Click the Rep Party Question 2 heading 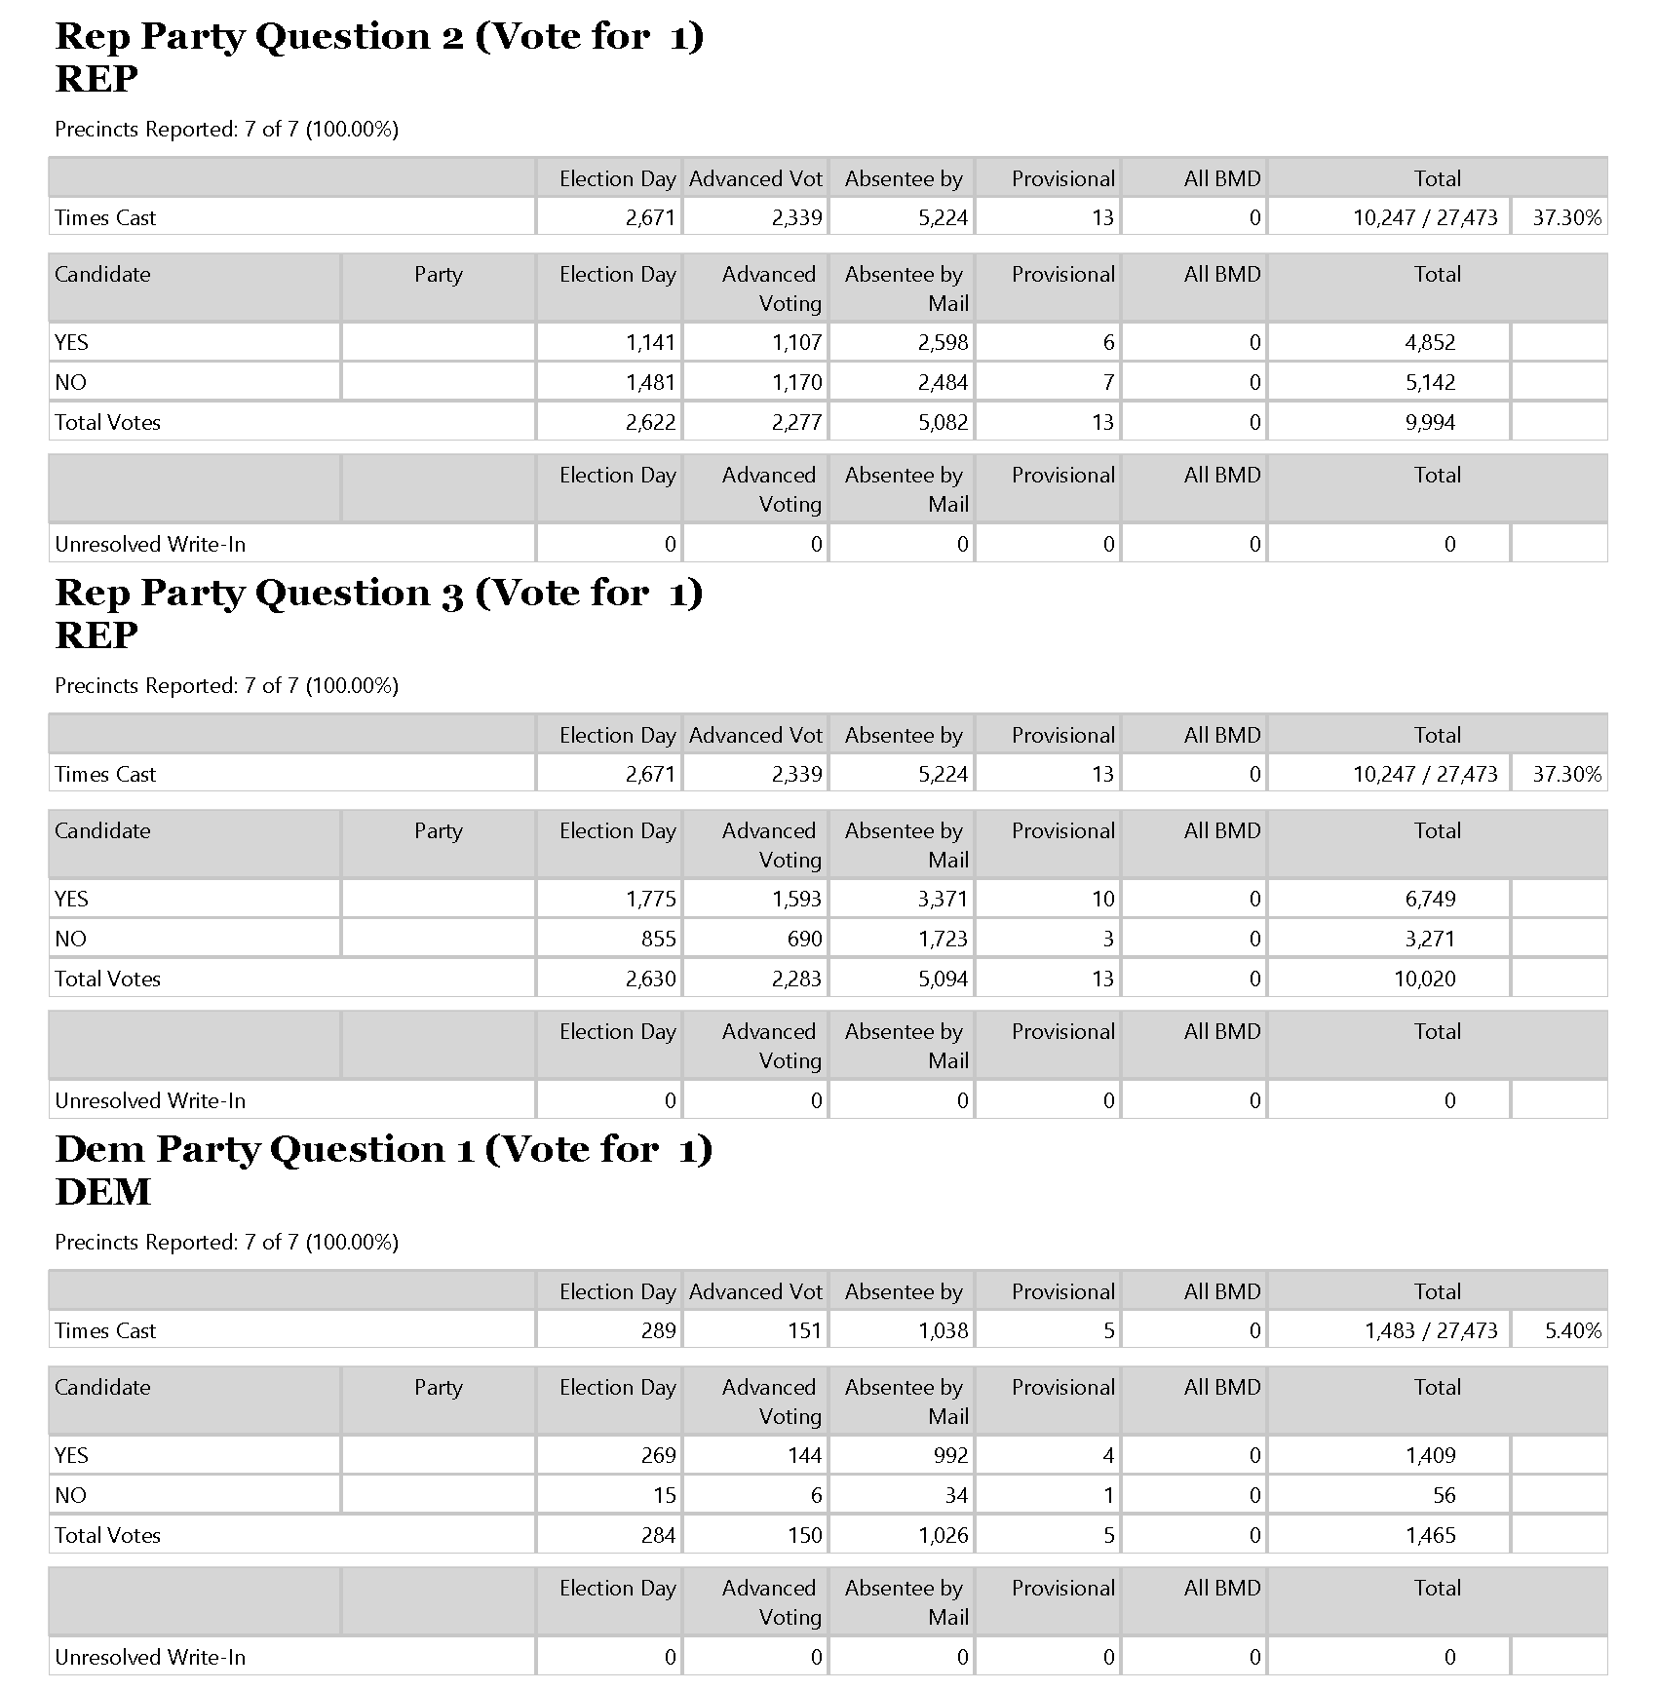pyautogui.click(x=379, y=37)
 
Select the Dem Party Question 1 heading pyautogui.click(x=384, y=1150)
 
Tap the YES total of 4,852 pyautogui.click(x=1430, y=343)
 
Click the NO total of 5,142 pyautogui.click(x=1430, y=383)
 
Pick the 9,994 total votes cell pyautogui.click(x=1430, y=423)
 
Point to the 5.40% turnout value pyautogui.click(x=1572, y=1331)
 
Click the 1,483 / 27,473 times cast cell pyautogui.click(x=1430, y=1331)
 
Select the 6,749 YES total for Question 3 pyautogui.click(x=1430, y=900)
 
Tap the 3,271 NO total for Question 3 pyautogui.click(x=1430, y=940)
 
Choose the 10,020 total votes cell pyautogui.click(x=1424, y=979)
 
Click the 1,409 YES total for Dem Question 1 pyautogui.click(x=1430, y=1456)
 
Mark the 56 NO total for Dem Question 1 pyautogui.click(x=1444, y=1496)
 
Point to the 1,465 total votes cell pyautogui.click(x=1430, y=1536)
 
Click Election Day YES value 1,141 pyautogui.click(x=650, y=343)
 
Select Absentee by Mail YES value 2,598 pyautogui.click(x=943, y=343)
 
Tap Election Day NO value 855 pyautogui.click(x=658, y=940)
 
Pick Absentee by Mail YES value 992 pyautogui.click(x=950, y=1456)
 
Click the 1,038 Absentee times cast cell pyautogui.click(x=943, y=1331)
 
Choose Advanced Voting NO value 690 pyautogui.click(x=804, y=940)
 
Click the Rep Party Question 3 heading pyautogui.click(x=379, y=594)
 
